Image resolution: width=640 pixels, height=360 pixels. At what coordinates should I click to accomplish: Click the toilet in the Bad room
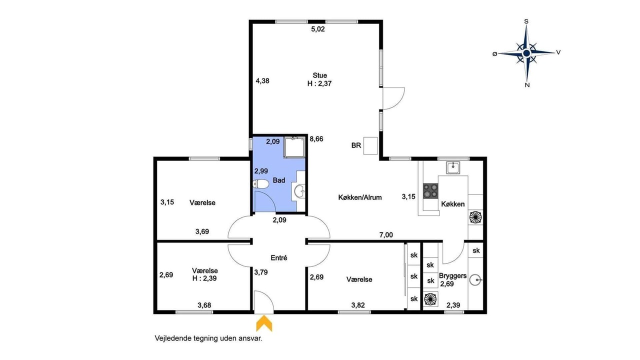(x=261, y=184)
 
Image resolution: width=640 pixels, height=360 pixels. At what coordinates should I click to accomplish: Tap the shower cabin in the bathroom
(x=294, y=147)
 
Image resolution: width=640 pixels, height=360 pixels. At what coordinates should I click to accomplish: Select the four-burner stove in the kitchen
(x=430, y=191)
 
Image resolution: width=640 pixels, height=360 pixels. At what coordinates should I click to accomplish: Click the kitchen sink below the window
(x=453, y=167)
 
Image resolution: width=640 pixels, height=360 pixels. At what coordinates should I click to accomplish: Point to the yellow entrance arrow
(x=264, y=323)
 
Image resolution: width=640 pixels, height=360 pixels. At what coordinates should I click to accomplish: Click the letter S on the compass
(x=526, y=21)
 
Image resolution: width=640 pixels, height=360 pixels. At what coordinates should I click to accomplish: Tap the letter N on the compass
(x=527, y=85)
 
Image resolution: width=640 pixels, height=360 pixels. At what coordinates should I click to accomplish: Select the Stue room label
(x=319, y=75)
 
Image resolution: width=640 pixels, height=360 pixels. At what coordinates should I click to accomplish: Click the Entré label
(x=279, y=257)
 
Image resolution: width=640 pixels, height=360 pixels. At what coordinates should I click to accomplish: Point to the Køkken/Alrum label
(x=360, y=197)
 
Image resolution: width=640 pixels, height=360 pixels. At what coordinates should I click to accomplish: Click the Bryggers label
(x=453, y=275)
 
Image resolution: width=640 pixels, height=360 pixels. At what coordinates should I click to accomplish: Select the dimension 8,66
(x=316, y=139)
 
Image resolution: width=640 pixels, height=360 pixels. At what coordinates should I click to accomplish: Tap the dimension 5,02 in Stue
(x=318, y=29)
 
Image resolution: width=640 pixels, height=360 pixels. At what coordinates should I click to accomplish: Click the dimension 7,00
(x=386, y=235)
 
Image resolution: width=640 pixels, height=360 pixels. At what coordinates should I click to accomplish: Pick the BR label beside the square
(x=356, y=145)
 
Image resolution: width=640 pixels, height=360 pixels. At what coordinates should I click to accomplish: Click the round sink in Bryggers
(x=476, y=280)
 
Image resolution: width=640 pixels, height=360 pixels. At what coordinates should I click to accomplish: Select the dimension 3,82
(x=358, y=305)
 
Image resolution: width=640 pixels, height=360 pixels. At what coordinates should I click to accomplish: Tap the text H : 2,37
(x=319, y=83)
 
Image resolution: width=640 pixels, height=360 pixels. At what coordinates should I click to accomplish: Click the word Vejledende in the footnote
(x=173, y=338)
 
